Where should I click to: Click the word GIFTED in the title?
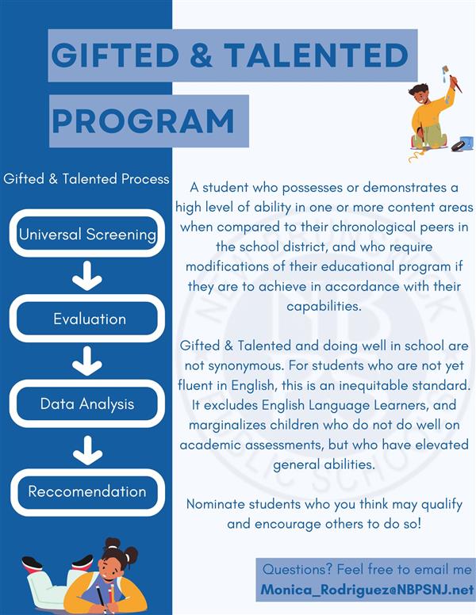(115, 55)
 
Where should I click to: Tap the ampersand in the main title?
(201, 55)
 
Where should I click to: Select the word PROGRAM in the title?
(143, 120)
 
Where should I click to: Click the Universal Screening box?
(87, 233)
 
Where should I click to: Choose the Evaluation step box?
(87, 318)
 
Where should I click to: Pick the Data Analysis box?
(87, 403)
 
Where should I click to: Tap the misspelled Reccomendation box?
(87, 492)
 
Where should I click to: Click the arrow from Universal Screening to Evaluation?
(87, 276)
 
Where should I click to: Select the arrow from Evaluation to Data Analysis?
(87, 361)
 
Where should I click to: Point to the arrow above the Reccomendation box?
(87, 450)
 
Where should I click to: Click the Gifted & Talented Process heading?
(86, 179)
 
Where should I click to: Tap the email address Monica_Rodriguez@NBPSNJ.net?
(367, 589)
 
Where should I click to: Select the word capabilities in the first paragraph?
(324, 306)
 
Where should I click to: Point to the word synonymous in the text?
(245, 366)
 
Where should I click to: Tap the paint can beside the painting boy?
(466, 143)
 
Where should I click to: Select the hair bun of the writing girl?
(113, 544)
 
